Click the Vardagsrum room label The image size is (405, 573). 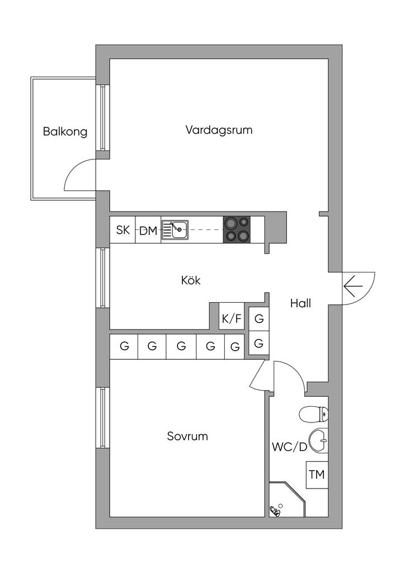point(219,130)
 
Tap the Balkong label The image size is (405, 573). point(65,131)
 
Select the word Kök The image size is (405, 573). point(191,280)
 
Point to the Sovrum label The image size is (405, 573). point(187,436)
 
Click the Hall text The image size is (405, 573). point(300,303)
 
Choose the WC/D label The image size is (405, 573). point(289,447)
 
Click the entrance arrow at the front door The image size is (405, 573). point(353,286)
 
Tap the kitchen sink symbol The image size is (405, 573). point(175,230)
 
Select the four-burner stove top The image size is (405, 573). point(237,229)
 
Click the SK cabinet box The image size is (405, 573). point(123,230)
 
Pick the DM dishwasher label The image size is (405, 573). point(148,231)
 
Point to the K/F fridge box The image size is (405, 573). point(232,318)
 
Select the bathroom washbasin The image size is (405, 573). point(318,441)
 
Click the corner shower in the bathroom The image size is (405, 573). point(287,500)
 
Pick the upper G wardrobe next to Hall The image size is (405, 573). point(259,319)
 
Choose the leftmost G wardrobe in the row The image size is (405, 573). point(124,346)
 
